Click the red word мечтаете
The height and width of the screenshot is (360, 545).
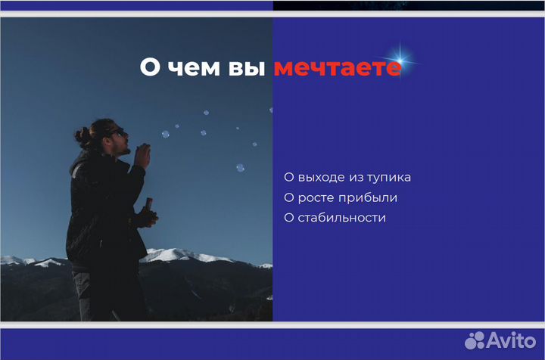coord(337,67)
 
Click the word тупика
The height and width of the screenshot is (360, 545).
coord(390,178)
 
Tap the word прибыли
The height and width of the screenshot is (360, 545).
coord(369,198)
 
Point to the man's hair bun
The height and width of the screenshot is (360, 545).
coord(80,136)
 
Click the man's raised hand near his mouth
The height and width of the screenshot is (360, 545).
coord(141,156)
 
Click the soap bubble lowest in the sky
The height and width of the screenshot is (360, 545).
coord(240,167)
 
